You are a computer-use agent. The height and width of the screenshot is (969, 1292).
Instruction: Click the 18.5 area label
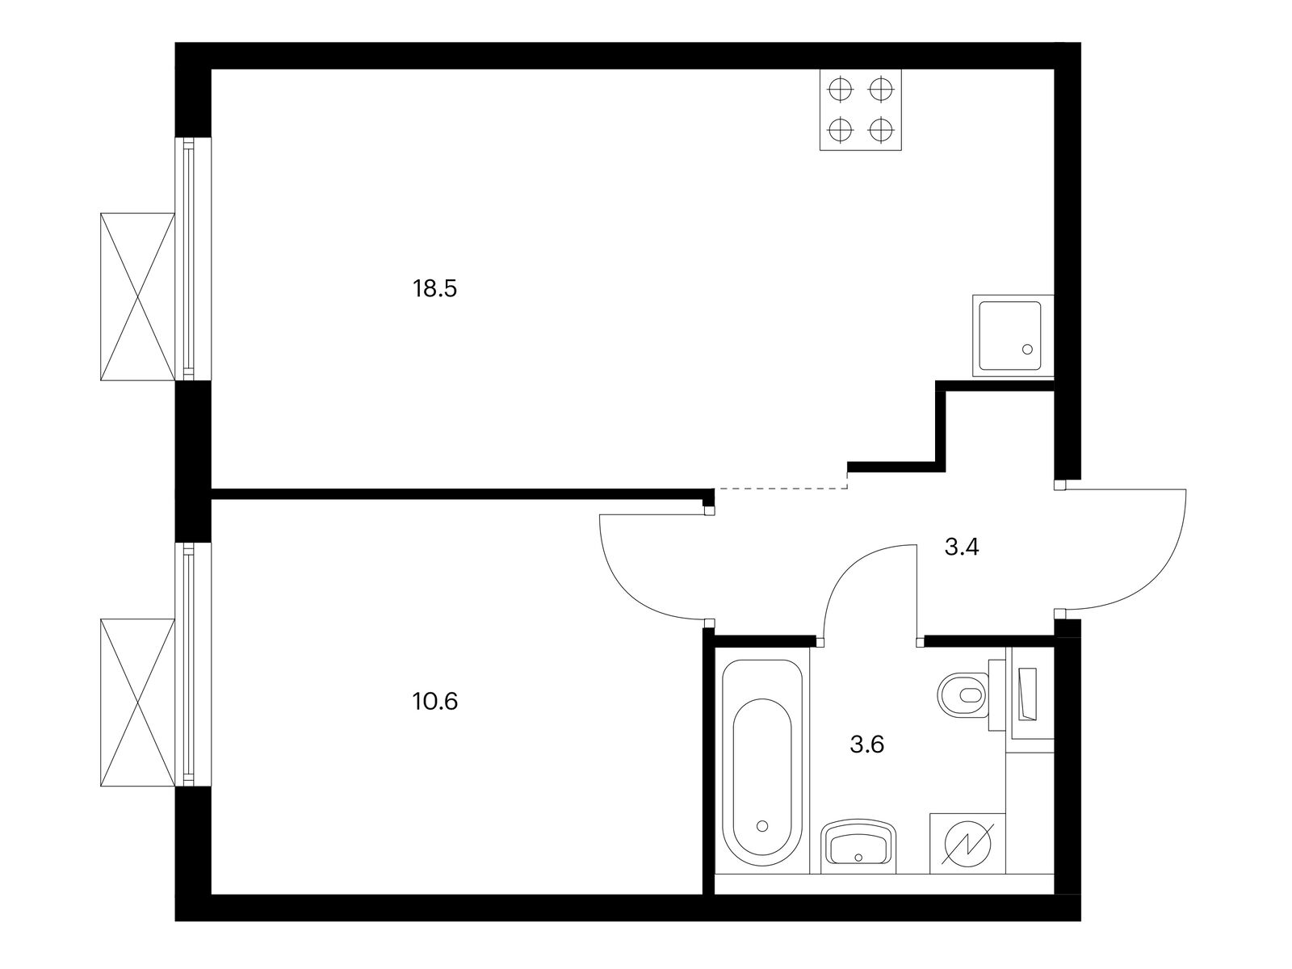(x=434, y=289)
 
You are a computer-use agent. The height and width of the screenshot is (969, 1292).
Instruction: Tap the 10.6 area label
(x=435, y=701)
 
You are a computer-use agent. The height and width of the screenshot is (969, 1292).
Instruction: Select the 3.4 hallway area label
(x=961, y=547)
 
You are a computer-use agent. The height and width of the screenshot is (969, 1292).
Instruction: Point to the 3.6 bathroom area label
(x=867, y=745)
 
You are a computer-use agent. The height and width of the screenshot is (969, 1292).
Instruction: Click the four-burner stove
(x=861, y=110)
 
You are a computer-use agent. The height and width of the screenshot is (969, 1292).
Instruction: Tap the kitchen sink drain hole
(x=1028, y=349)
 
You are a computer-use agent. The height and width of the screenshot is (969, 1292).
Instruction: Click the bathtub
(x=762, y=762)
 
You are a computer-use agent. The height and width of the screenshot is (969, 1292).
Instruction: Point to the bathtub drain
(x=763, y=826)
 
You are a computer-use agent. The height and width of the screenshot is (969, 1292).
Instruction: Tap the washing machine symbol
(x=967, y=844)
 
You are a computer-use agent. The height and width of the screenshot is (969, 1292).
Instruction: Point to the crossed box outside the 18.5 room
(x=138, y=296)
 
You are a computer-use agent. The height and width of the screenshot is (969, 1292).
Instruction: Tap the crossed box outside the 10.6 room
(x=138, y=703)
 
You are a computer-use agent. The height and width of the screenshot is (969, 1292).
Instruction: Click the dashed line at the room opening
(x=781, y=489)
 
